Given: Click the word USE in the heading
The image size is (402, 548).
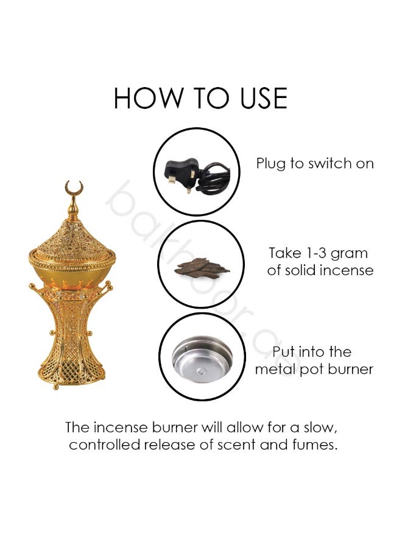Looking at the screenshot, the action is click(264, 98).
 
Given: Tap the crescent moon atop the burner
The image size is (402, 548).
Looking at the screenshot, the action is click(74, 188).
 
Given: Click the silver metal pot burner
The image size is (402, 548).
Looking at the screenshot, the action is click(202, 359).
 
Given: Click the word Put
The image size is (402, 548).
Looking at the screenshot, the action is click(285, 351).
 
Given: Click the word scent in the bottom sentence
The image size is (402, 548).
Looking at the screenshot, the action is click(237, 445).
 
